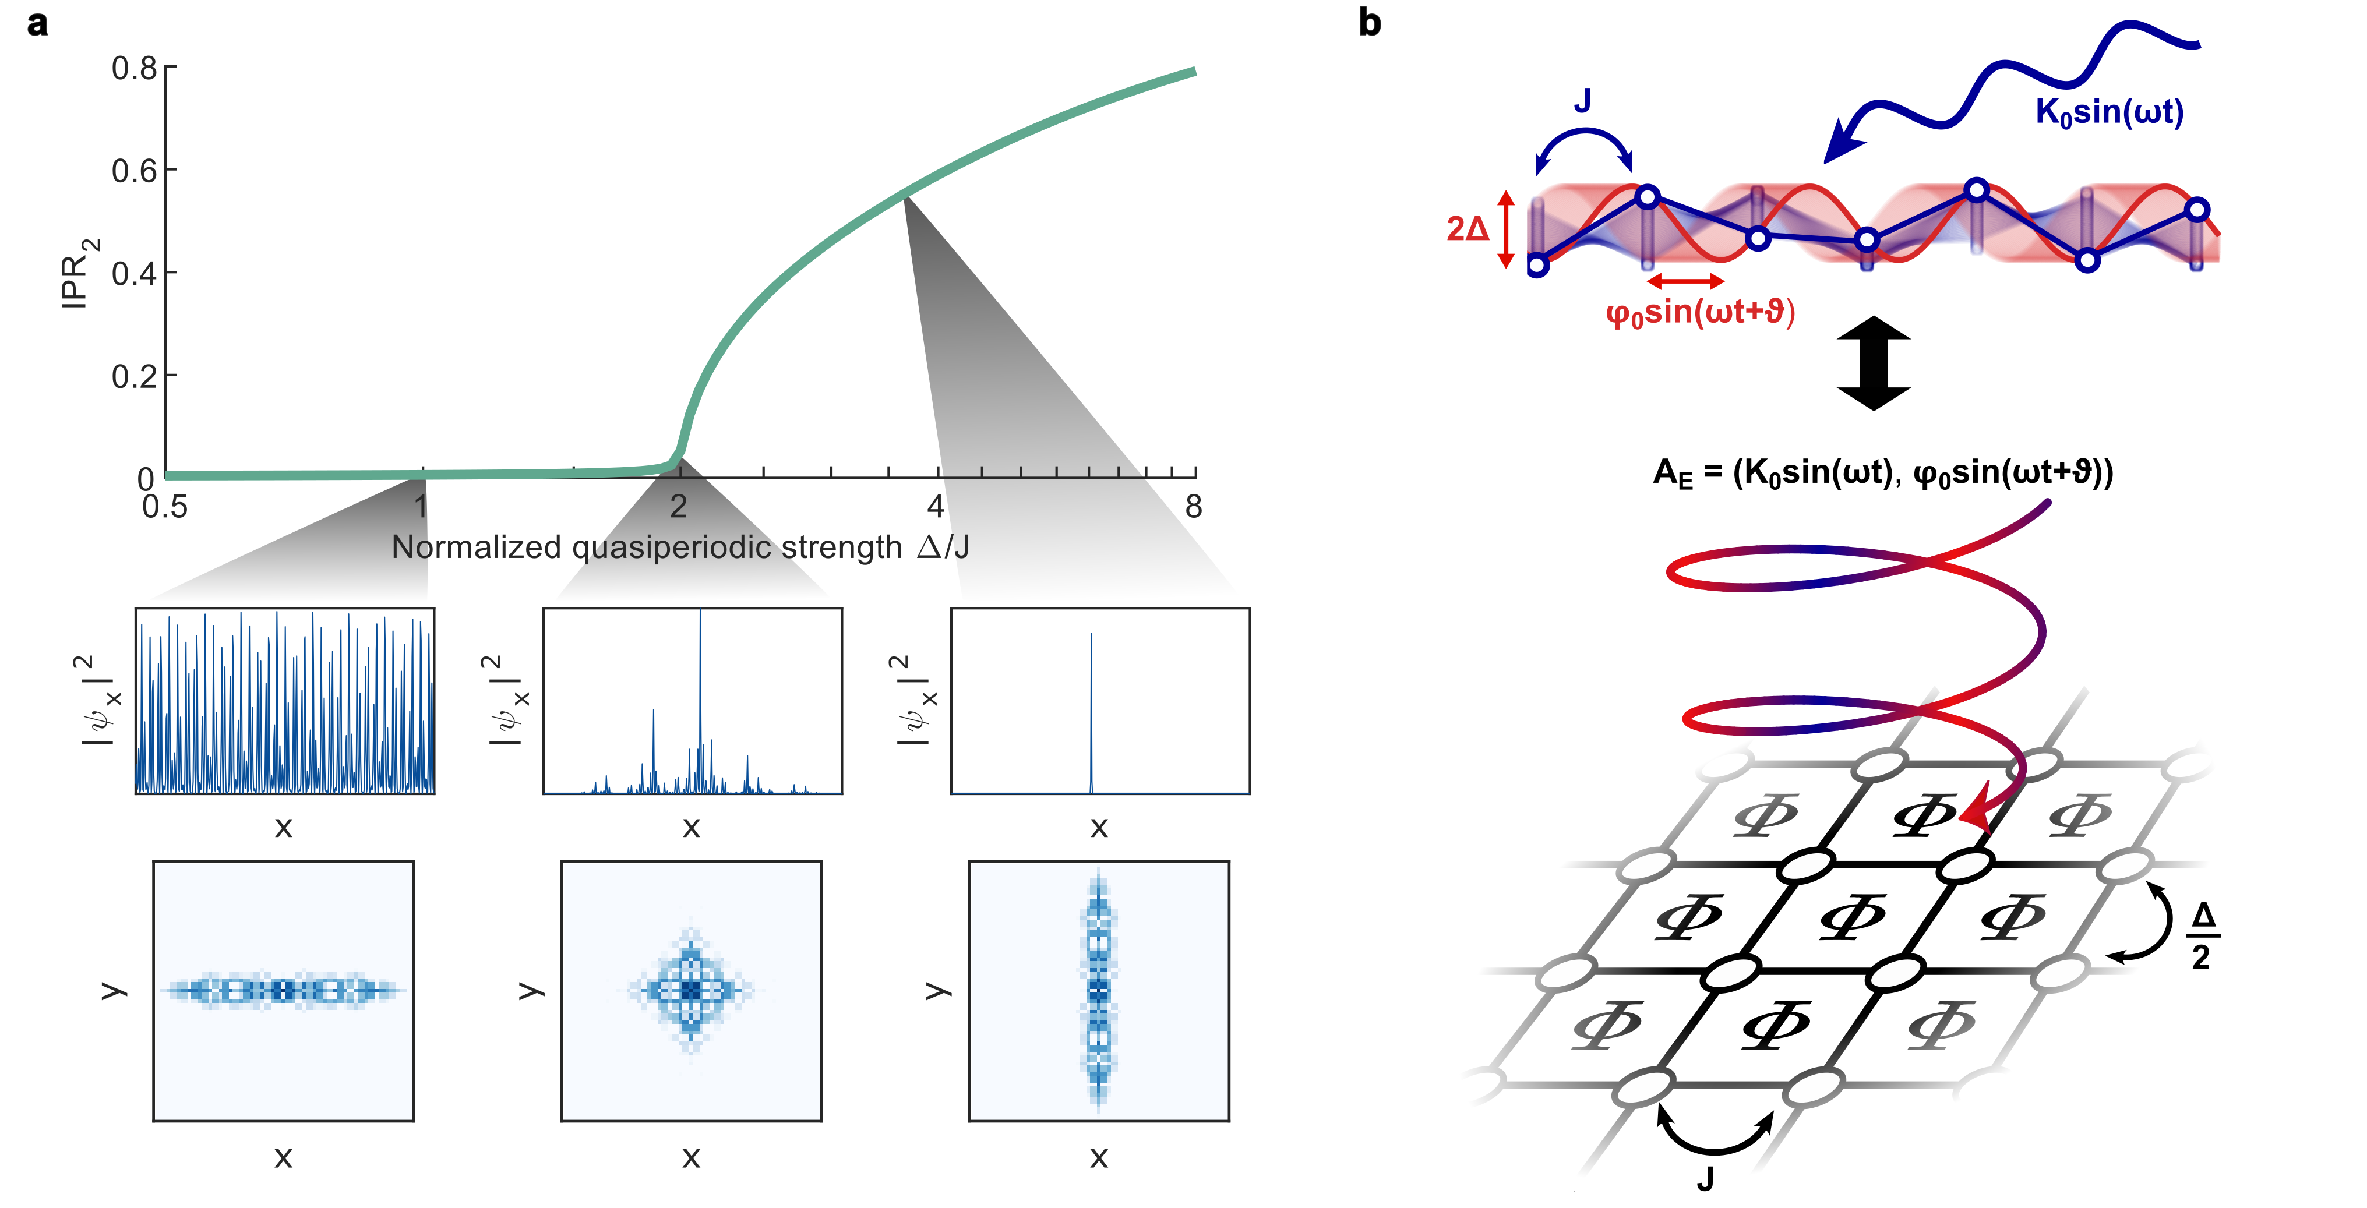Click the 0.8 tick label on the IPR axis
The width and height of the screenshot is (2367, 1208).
(134, 68)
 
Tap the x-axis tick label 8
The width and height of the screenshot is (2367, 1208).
(1193, 506)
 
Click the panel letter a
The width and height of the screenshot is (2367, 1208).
(37, 23)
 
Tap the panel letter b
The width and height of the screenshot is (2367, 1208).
(1369, 23)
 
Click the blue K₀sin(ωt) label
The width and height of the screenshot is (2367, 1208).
(2109, 112)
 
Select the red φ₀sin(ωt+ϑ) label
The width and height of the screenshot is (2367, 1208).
(1700, 312)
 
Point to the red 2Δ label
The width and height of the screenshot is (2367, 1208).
(1468, 228)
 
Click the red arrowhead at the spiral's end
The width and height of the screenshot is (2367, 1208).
(1976, 813)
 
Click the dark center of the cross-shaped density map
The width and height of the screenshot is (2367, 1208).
(691, 990)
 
